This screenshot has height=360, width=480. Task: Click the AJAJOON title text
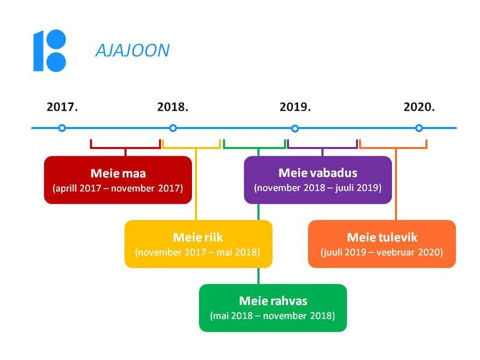pyautogui.click(x=133, y=50)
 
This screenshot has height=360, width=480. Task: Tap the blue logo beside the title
pyautogui.click(x=50, y=50)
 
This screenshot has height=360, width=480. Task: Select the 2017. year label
pyautogui.click(x=62, y=107)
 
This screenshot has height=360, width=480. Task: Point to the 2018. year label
pyautogui.click(x=173, y=107)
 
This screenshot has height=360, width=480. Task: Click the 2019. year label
pyautogui.click(x=295, y=107)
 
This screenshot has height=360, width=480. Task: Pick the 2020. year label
pyautogui.click(x=419, y=107)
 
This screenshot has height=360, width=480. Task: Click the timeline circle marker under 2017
pyautogui.click(x=62, y=128)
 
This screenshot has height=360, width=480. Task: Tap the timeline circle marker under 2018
pyautogui.click(x=173, y=128)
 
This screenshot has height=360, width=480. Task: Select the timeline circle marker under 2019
pyautogui.click(x=295, y=128)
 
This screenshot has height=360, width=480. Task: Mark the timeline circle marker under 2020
pyautogui.click(x=419, y=128)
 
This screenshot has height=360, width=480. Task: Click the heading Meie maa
pyautogui.click(x=118, y=173)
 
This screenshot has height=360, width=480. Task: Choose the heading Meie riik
pyautogui.click(x=198, y=237)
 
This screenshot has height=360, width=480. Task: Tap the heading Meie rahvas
pyautogui.click(x=273, y=301)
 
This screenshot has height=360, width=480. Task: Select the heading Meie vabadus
pyautogui.click(x=318, y=173)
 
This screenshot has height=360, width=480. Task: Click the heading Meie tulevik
pyautogui.click(x=382, y=237)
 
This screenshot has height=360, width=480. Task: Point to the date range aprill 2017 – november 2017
pyautogui.click(x=118, y=188)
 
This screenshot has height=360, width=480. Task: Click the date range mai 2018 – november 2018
pyautogui.click(x=272, y=316)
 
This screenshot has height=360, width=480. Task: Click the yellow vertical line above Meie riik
pyautogui.click(x=196, y=184)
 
